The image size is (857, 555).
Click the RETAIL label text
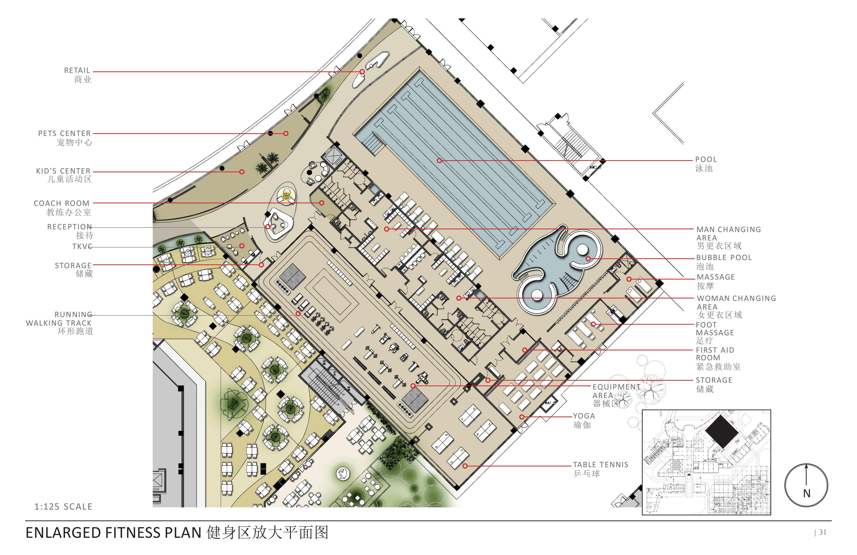point(77,71)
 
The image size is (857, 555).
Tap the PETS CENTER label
point(65,134)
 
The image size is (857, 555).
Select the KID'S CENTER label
point(63,171)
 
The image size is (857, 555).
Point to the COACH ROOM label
point(62,203)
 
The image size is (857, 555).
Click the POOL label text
point(706,159)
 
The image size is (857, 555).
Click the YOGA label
point(584,416)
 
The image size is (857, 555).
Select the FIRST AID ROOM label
point(715,354)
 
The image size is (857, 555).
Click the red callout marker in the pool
point(439,160)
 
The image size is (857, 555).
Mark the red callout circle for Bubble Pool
point(588,259)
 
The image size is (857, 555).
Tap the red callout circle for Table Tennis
point(465,466)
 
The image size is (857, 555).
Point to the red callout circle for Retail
point(362,72)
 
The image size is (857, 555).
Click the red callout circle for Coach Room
point(322,203)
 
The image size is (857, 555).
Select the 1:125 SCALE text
point(63,507)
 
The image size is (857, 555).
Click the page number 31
point(823,532)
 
